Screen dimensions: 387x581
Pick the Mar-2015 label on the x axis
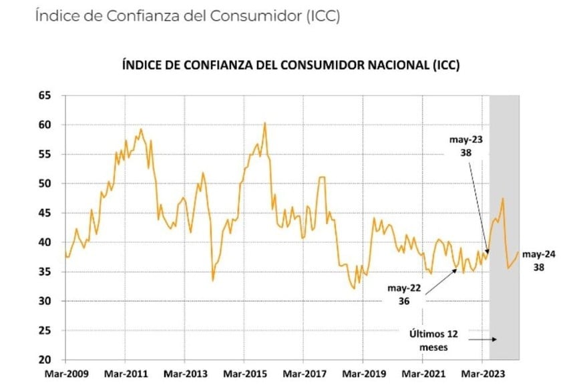[244, 374]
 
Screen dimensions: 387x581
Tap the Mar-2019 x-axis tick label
[363, 374]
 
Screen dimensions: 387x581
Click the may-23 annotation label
[467, 141]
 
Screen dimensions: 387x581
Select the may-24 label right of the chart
[538, 254]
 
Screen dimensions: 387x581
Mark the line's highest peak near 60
[265, 123]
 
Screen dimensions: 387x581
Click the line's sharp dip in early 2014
[213, 280]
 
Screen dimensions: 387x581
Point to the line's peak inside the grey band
[503, 198]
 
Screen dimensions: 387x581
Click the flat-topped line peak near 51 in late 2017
[322, 177]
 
